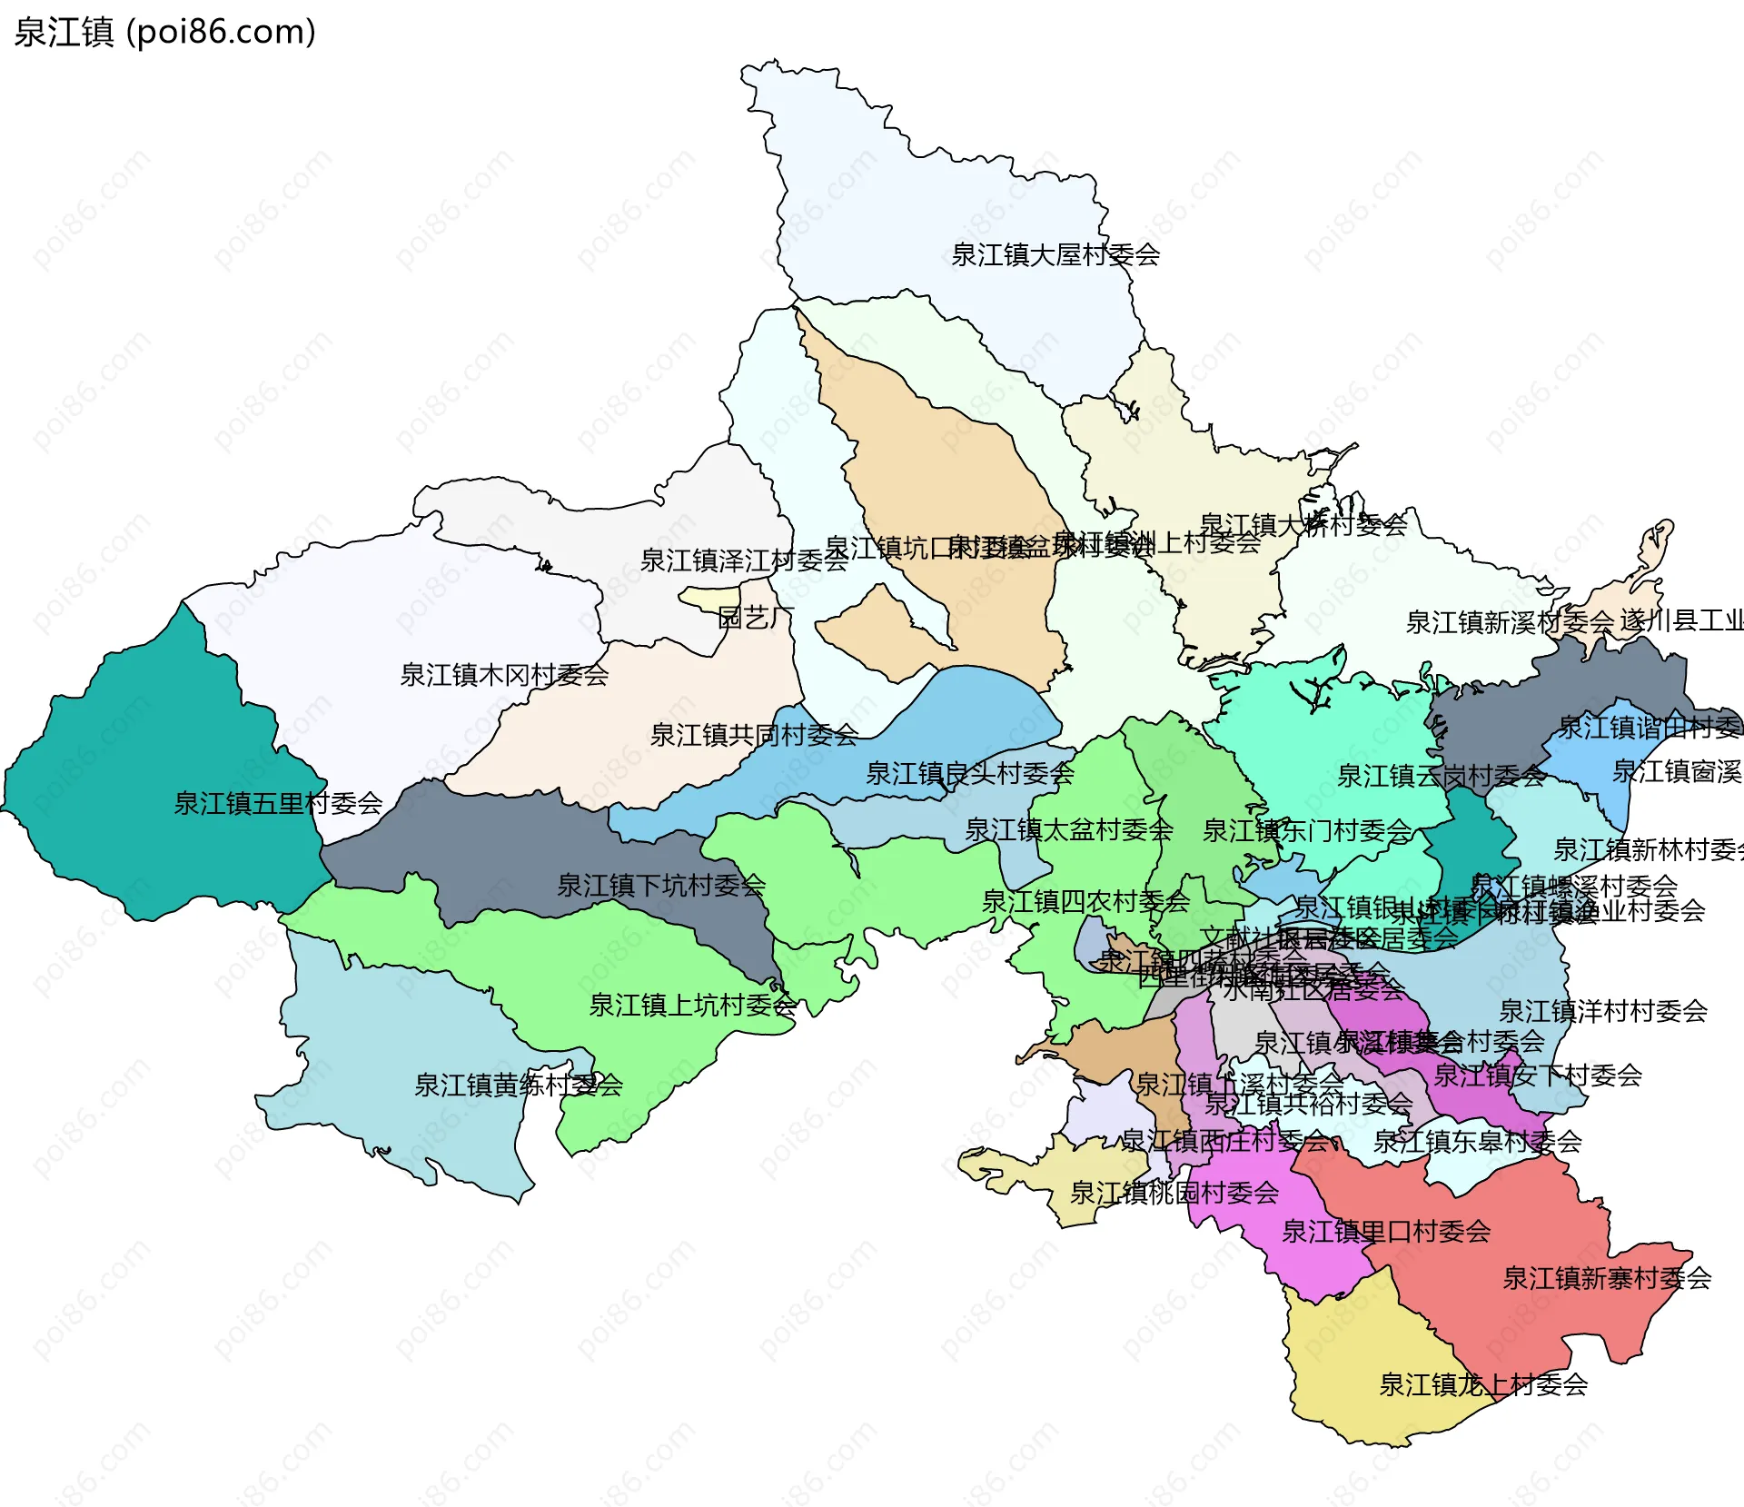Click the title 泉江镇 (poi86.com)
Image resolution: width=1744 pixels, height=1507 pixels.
pos(164,32)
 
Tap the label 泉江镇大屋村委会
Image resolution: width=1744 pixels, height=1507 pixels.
pos(1055,255)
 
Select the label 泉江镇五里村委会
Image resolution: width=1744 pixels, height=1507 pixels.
pos(278,804)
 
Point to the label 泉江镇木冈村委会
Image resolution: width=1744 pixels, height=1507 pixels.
pos(504,675)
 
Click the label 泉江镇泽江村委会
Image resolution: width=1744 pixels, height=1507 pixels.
pos(744,560)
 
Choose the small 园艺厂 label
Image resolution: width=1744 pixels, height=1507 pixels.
pos(756,618)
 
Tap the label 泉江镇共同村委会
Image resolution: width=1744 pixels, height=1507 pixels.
pos(754,735)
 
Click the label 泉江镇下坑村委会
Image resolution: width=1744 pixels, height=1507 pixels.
pos(660,885)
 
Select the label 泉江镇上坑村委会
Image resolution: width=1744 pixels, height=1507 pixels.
pos(692,1005)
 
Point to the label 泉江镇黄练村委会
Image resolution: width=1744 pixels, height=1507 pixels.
pos(518,1085)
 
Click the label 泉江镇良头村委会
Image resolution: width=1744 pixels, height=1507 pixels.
pos(969,774)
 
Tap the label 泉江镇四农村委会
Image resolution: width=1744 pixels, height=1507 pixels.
pos(1085,902)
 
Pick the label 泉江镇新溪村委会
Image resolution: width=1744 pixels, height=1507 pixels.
pos(1509,622)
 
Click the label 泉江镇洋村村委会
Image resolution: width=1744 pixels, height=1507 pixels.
pos(1602,1011)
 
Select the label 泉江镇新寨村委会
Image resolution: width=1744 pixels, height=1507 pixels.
pos(1606,1278)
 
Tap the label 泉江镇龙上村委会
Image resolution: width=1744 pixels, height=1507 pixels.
pos(1482,1384)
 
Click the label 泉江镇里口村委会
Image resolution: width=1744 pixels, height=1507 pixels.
pos(1385,1232)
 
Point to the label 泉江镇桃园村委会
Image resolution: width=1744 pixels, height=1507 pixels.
pos(1174,1193)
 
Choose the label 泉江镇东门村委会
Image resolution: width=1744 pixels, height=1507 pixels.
pos(1306,830)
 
